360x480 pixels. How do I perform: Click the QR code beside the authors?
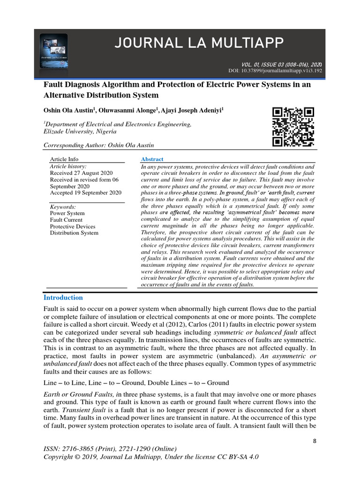(293, 127)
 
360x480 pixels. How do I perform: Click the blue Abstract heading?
(152, 159)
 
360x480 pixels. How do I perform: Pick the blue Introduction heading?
(63, 298)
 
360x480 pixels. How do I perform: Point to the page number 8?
(314, 442)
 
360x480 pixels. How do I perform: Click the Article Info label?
(64, 159)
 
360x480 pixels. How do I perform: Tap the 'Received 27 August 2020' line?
(81, 173)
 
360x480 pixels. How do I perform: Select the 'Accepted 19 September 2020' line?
(85, 193)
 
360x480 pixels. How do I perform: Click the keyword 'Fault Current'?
(66, 220)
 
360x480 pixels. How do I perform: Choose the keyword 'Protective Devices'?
(72, 226)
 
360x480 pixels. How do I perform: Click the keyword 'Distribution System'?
(74, 233)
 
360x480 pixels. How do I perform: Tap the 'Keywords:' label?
(63, 207)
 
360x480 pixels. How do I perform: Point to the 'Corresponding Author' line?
(98, 145)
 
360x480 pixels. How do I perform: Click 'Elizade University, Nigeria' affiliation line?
(80, 132)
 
